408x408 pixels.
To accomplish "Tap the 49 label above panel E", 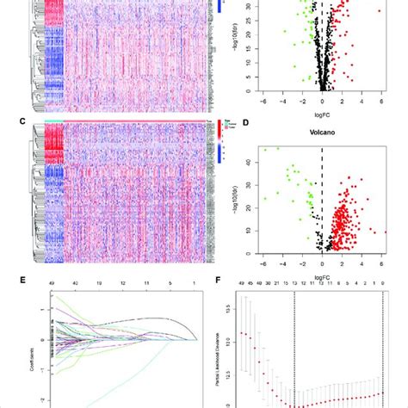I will [x=53, y=281].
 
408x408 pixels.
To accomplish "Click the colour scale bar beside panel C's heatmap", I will [x=214, y=155].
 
